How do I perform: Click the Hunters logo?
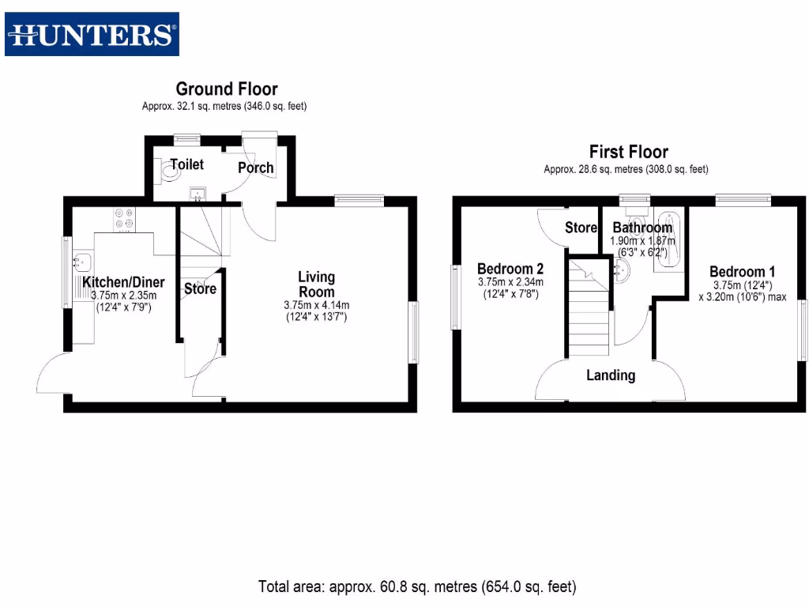click(92, 34)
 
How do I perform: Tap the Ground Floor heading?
click(226, 89)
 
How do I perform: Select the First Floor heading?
click(628, 152)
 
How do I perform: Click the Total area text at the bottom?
click(417, 586)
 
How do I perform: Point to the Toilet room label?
click(187, 164)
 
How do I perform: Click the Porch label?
click(256, 168)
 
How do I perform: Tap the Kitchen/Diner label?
click(123, 282)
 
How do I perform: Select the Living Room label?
click(316, 285)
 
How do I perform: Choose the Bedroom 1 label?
click(737, 272)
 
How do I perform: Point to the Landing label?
click(611, 375)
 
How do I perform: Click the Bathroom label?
click(642, 228)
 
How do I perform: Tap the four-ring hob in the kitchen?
click(125, 218)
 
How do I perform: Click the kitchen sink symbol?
click(82, 262)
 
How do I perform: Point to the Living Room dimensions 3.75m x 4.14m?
click(316, 305)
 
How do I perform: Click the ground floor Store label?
click(200, 289)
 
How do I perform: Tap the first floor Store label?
click(581, 228)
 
